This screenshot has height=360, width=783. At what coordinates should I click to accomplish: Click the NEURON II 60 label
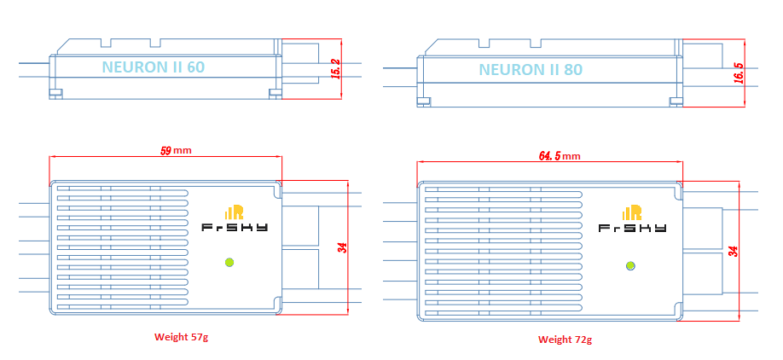coord(153,66)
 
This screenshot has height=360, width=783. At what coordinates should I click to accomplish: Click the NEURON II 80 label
coord(524,69)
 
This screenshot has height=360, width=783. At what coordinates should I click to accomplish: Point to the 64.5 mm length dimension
coord(559,156)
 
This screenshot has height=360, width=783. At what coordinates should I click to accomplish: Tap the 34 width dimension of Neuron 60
coord(342,247)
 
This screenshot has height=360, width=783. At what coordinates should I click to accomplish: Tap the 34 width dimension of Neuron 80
coord(732,251)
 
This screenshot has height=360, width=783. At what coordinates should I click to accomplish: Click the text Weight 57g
coord(181,337)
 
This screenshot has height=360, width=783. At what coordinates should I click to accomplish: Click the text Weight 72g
coord(565,340)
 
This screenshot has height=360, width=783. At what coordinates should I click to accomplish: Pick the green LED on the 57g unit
coord(229,262)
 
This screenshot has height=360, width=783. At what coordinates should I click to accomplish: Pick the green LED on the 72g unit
coord(630,266)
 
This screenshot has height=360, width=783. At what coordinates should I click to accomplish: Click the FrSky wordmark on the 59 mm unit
coord(234,228)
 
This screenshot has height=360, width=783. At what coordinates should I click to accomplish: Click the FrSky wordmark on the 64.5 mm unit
coord(632,229)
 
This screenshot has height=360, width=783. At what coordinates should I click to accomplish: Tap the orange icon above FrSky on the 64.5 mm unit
coord(632,212)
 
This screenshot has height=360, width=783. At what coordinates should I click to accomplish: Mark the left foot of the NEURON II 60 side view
coord(55,92)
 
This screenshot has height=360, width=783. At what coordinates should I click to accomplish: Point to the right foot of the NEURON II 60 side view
coord(275,93)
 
